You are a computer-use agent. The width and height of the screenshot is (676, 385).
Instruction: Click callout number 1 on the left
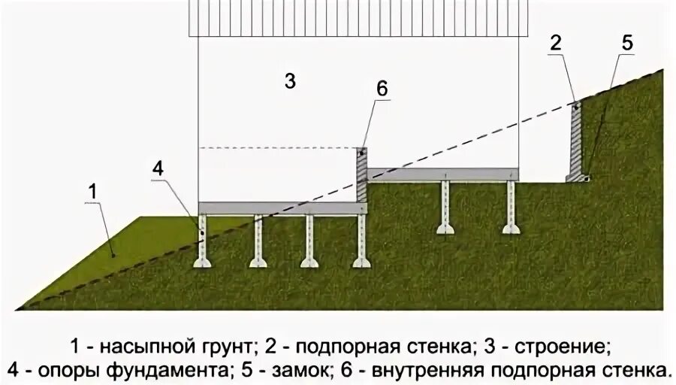point(92,192)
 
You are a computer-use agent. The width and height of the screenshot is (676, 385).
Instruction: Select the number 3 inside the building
point(291,82)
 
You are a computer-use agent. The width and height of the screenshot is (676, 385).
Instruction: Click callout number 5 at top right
point(626,43)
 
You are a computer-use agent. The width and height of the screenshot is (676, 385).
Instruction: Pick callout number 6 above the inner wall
point(382,88)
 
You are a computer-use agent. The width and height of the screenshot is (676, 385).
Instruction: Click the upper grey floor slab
point(443,174)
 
